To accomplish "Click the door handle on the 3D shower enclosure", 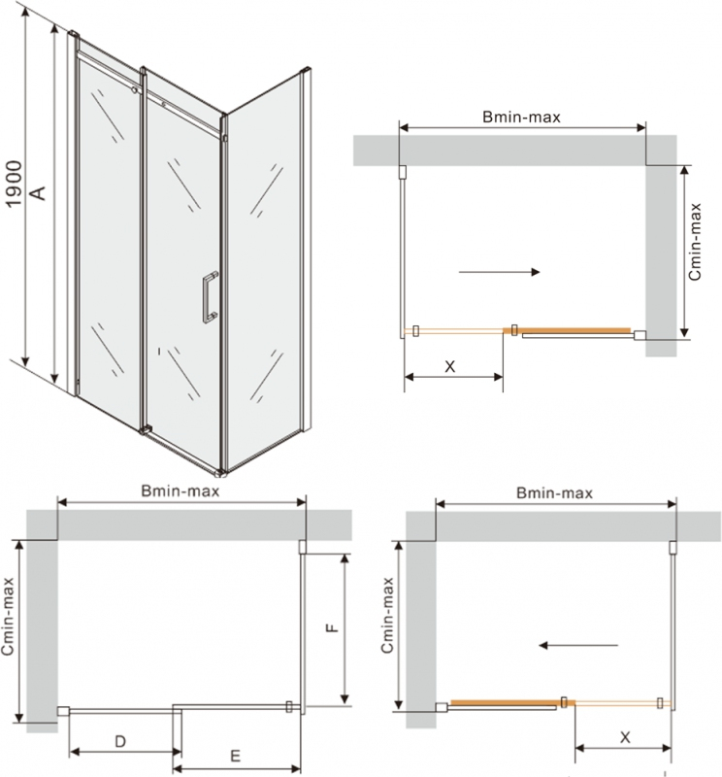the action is pos(210,297).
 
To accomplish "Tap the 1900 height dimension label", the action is pos(14,184).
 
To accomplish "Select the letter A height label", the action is pos(38,192).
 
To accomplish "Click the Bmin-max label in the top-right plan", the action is pos(521,117).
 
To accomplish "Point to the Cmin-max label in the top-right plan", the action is pos(695,242).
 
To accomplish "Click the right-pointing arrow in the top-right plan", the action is pos(499,272).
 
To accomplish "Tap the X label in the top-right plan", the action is pos(449,367).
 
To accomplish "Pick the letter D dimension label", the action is pos(120,741).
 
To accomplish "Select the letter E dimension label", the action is pos(235,756).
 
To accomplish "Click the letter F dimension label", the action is pos(332,627).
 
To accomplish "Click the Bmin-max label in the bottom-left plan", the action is pos(180,491).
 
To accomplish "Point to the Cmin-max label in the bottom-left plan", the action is pos(8,617).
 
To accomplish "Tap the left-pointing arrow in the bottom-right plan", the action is pos(578,645).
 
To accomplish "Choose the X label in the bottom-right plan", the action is pos(625,737).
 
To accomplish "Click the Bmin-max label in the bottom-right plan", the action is pos(555,493).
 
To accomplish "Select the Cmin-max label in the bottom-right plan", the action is pos(387,615).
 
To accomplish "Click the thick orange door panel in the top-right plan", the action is pos(567,330).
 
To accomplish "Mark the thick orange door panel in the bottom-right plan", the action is pos(513,702).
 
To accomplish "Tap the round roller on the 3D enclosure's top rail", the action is pos(134,90).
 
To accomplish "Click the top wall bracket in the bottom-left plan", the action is pos(302,547).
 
